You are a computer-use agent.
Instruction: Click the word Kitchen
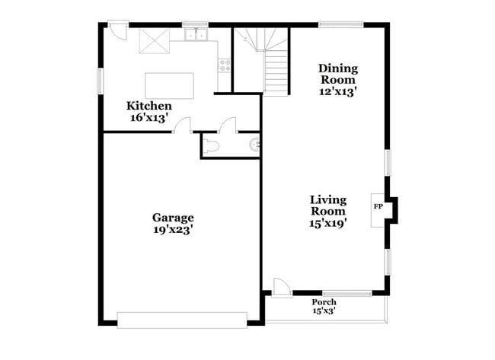(x=148, y=106)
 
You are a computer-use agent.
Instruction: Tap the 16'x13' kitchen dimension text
(x=148, y=118)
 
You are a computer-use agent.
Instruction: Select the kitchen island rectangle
(x=169, y=85)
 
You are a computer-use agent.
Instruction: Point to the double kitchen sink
(x=195, y=34)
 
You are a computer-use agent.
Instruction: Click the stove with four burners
(x=225, y=65)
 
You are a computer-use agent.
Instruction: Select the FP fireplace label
(x=377, y=206)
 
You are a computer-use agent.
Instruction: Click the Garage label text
(x=173, y=217)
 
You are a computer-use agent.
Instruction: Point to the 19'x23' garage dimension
(x=173, y=229)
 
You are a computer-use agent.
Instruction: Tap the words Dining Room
(x=338, y=74)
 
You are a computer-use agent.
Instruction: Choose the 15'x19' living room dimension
(x=328, y=223)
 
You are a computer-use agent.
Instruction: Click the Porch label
(x=324, y=301)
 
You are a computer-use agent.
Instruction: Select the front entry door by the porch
(x=282, y=288)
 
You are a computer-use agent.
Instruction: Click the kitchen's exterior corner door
(x=117, y=30)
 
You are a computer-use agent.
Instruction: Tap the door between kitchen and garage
(x=182, y=126)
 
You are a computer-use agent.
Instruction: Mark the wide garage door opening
(x=182, y=319)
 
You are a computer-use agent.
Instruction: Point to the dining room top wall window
(x=340, y=24)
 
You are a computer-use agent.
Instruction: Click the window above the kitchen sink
(x=195, y=24)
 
